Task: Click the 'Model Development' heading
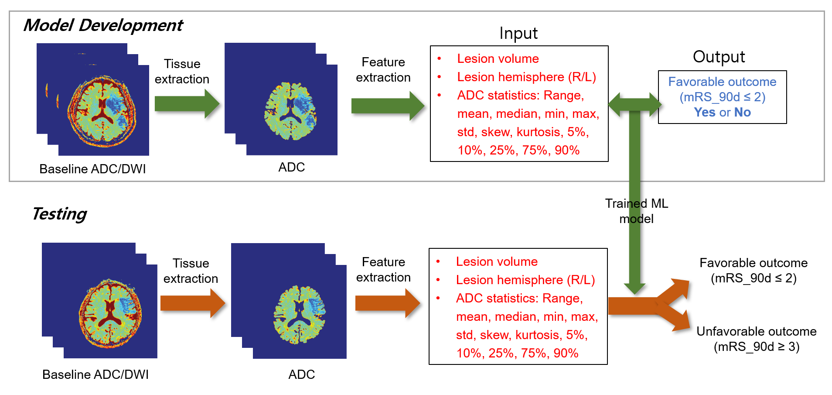[x=103, y=25]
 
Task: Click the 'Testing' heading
[x=59, y=214]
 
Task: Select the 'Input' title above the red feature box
[x=518, y=33]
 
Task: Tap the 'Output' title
[x=719, y=57]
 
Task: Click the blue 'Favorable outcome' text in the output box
[x=722, y=82]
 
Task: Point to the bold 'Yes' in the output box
[x=705, y=112]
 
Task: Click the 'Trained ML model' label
[x=636, y=211]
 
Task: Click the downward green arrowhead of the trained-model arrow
[x=634, y=288]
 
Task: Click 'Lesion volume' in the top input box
[x=498, y=58]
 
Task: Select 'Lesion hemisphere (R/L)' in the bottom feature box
[x=525, y=280]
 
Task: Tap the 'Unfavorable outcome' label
[x=756, y=331]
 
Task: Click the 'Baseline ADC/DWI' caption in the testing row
[x=95, y=374]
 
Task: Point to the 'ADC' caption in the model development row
[x=291, y=167]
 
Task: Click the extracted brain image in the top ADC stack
[x=290, y=111]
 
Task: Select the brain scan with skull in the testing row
[x=110, y=313]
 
